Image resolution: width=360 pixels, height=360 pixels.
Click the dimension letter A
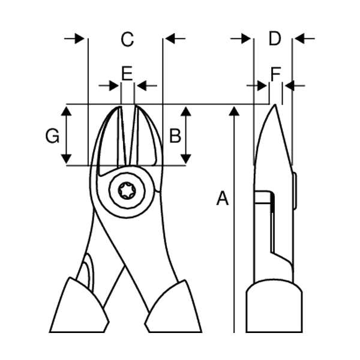[223, 198]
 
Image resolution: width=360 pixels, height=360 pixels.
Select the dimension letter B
[175, 136]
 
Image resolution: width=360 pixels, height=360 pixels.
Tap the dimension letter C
[127, 39]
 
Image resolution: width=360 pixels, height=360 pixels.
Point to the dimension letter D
[275, 38]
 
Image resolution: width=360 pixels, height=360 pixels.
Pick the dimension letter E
[127, 73]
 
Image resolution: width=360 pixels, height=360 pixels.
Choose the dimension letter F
[275, 74]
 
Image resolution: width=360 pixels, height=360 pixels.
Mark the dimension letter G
[53, 136]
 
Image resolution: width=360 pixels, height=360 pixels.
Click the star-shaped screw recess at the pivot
[127, 190]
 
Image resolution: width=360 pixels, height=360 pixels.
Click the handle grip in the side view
[274, 306]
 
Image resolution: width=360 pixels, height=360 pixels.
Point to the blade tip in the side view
[275, 105]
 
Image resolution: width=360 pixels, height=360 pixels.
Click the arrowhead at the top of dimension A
[234, 111]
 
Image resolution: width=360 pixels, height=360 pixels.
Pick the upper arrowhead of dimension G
[67, 111]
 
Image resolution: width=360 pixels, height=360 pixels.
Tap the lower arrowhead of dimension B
[186, 159]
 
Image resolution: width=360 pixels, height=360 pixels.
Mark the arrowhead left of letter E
[114, 86]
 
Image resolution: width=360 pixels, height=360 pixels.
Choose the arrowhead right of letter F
[290, 86]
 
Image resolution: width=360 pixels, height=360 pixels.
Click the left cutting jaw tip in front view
[120, 107]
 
